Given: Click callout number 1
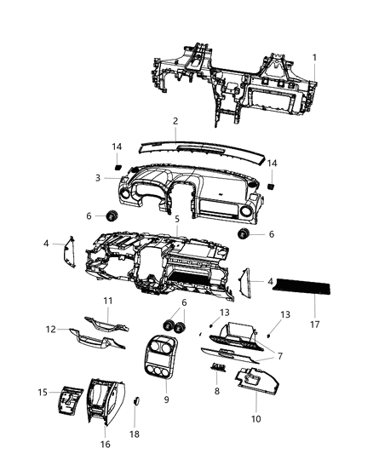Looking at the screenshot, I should pyautogui.click(x=313, y=57).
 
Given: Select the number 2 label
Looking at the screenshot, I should pyautogui.click(x=175, y=122).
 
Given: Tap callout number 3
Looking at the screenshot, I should pyautogui.click(x=99, y=178).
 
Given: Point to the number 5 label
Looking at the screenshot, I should pyautogui.click(x=176, y=219).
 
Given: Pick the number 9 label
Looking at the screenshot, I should pyautogui.click(x=167, y=399).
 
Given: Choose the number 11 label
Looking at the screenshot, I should pyautogui.click(x=108, y=301).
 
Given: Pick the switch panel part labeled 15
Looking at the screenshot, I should pyautogui.click(x=67, y=401).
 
